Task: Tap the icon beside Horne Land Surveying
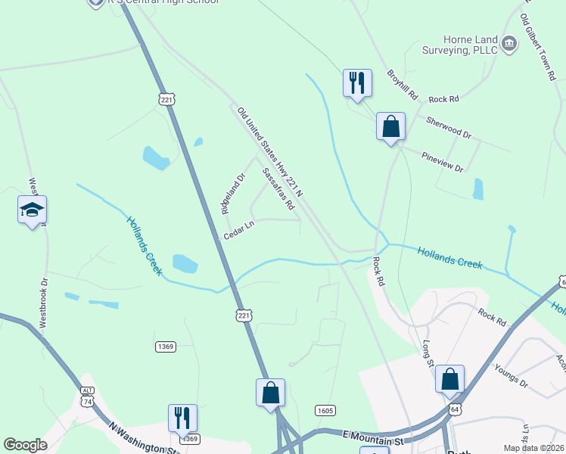click(x=509, y=45)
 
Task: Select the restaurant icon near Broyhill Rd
click(x=357, y=83)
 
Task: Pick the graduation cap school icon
click(x=33, y=210)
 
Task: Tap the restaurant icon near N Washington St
click(x=182, y=418)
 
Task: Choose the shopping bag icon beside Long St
click(x=449, y=379)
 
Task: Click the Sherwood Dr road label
click(x=448, y=127)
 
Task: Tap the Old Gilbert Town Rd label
click(x=538, y=47)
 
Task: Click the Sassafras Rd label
click(x=278, y=189)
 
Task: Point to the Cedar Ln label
click(x=239, y=230)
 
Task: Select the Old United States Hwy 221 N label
click(x=269, y=152)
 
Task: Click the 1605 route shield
click(x=325, y=410)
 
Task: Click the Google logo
click(x=26, y=445)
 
